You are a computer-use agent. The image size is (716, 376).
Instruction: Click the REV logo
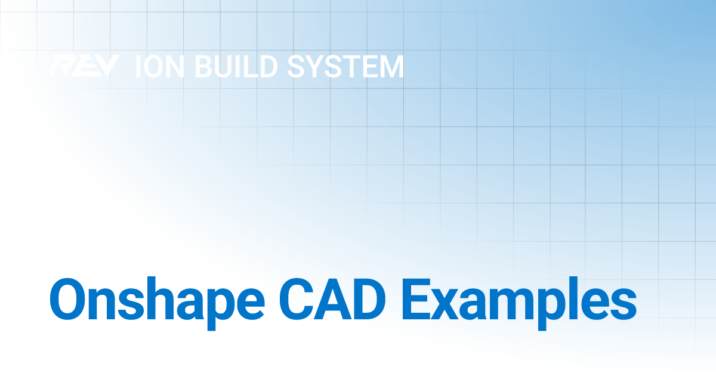click(x=84, y=66)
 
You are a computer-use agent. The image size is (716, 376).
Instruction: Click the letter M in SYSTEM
click(x=388, y=67)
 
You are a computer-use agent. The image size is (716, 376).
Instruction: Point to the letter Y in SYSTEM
click(x=309, y=67)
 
